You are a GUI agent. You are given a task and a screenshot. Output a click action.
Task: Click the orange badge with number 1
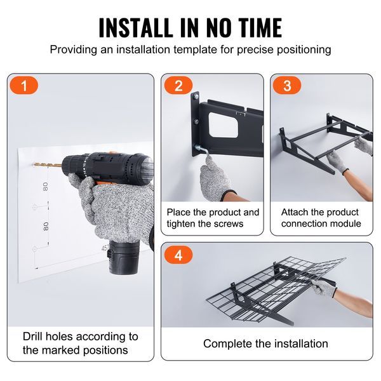point(24,86)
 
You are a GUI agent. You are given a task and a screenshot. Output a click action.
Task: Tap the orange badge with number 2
point(178,86)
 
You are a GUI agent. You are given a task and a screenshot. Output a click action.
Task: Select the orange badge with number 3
point(287,86)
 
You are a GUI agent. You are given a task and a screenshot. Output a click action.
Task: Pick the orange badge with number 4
point(178,255)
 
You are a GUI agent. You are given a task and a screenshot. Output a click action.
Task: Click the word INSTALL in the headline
point(135,27)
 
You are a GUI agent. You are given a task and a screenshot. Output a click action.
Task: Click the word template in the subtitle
point(195,50)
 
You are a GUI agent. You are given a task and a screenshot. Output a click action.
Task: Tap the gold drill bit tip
point(34,164)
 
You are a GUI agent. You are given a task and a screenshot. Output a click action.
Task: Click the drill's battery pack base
point(124,258)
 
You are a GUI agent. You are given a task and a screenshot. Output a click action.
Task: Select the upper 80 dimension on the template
point(45,187)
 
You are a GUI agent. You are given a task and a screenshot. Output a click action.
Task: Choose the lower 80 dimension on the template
point(46,226)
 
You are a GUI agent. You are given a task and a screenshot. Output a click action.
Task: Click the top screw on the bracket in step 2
point(196,97)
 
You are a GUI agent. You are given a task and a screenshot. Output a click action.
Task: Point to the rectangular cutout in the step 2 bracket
point(224,124)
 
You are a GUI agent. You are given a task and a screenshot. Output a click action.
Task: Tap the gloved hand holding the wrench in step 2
point(215,180)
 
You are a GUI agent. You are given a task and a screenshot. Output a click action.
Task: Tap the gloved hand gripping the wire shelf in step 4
point(324,288)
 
